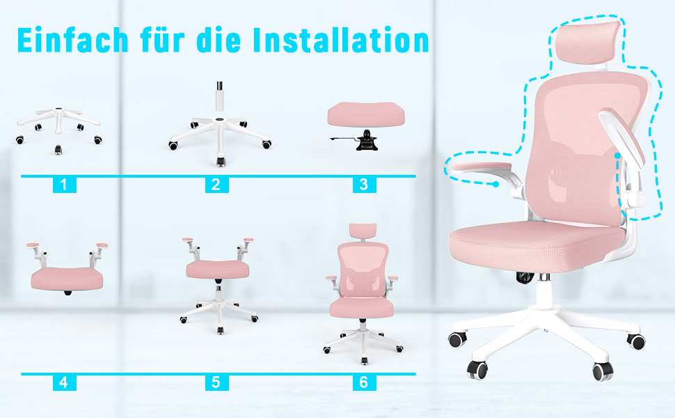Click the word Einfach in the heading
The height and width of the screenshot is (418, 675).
[x=73, y=40]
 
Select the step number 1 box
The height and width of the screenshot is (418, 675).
[x=65, y=185]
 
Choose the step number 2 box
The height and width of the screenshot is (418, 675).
[x=216, y=185]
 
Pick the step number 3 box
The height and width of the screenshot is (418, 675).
[x=364, y=185]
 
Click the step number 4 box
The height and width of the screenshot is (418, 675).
[x=65, y=382]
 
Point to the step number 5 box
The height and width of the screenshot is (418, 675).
[x=216, y=382]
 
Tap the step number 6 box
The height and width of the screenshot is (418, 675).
[x=364, y=382]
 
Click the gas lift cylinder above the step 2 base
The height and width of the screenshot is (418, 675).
[x=220, y=97]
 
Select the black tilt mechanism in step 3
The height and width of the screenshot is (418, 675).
[x=366, y=140]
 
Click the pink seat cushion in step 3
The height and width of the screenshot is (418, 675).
[x=366, y=114]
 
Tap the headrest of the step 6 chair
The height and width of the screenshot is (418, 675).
[x=363, y=232]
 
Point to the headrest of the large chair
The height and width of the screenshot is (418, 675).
[x=588, y=42]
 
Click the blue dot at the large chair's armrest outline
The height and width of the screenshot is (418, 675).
[x=496, y=184]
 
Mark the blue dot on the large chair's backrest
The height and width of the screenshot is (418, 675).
[x=618, y=155]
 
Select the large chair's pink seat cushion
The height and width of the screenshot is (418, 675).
[x=536, y=246]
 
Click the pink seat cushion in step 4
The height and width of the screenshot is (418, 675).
[x=67, y=279]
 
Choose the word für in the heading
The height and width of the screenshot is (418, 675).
[x=162, y=40]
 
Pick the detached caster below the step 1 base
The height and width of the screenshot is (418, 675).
[x=58, y=150]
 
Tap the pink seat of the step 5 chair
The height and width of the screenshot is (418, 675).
[x=217, y=270]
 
